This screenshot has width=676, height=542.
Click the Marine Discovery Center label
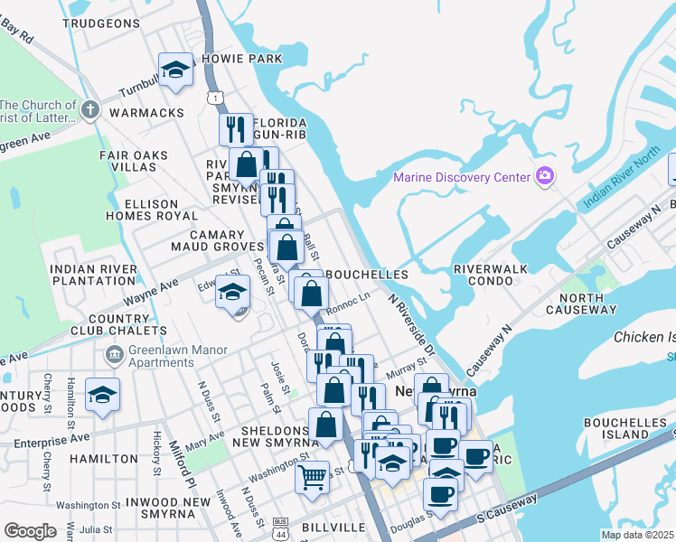[461, 176]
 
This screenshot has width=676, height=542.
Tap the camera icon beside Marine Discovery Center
[545, 175]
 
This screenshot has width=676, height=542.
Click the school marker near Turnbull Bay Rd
[175, 70]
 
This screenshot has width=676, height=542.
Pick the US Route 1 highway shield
[214, 97]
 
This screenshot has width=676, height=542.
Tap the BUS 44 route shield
[280, 526]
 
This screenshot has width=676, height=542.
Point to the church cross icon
[89, 110]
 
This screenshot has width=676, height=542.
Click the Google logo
[30, 530]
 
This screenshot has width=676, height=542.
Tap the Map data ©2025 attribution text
[638, 535]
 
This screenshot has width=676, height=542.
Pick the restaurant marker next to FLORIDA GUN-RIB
[235, 127]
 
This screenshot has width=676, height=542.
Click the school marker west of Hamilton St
[103, 395]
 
